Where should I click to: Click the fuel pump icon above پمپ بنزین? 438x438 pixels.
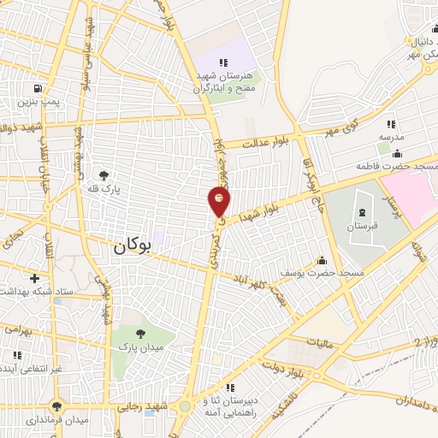click(37, 89)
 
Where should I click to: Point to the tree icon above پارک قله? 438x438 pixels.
click(105, 175)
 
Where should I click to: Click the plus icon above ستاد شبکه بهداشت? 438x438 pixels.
click(33, 278)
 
